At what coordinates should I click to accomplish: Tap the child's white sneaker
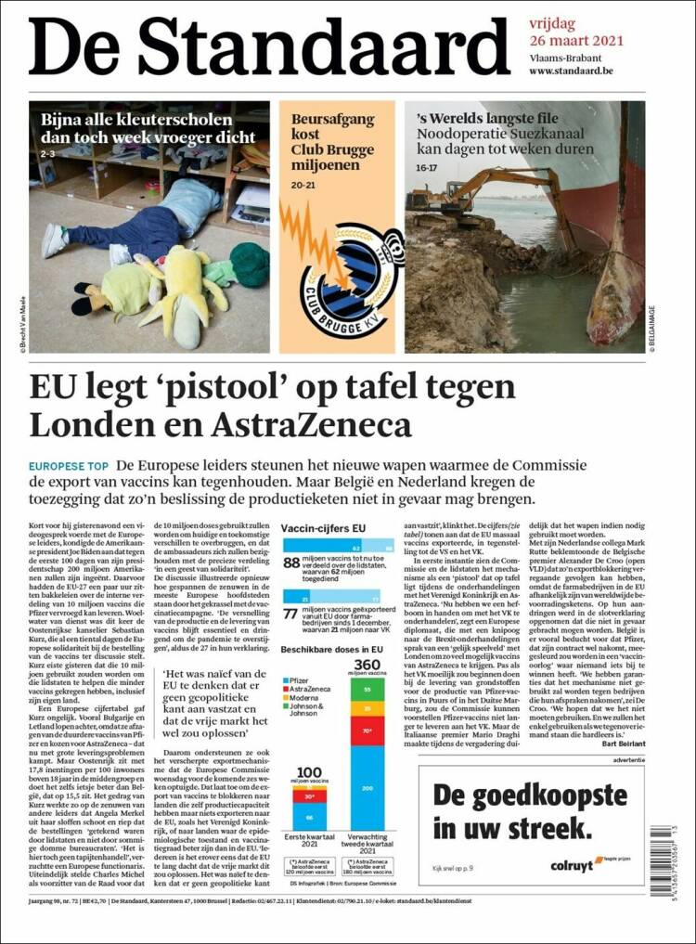[x=54, y=239]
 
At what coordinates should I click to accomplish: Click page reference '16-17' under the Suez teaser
[x=426, y=168]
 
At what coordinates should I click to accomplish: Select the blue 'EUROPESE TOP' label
[x=69, y=465]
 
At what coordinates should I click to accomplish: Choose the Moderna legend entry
[x=305, y=700]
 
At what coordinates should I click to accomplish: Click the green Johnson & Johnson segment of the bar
[x=367, y=691]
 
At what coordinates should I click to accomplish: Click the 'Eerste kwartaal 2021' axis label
[x=307, y=842]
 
